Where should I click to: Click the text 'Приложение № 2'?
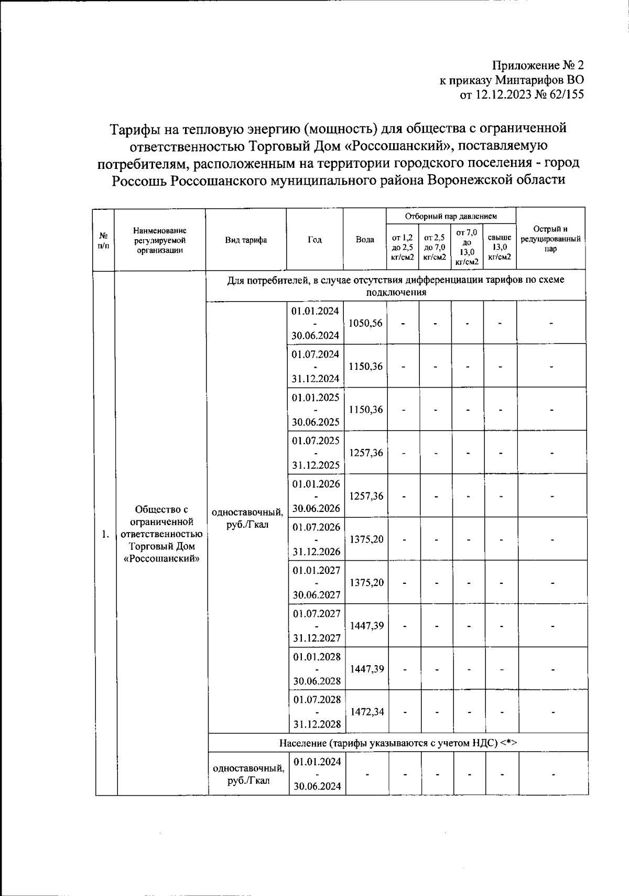pyautogui.click(x=537, y=66)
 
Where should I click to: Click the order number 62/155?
pyautogui.click(x=563, y=95)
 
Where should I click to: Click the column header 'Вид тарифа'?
pyautogui.click(x=246, y=240)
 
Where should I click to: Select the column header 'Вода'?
pyautogui.click(x=365, y=240)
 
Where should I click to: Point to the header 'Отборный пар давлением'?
pyautogui.click(x=451, y=216)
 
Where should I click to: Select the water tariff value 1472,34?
pyautogui.click(x=367, y=712)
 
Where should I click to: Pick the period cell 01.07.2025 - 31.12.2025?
pyautogui.click(x=316, y=453)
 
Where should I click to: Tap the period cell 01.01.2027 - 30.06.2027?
pyautogui.click(x=317, y=582)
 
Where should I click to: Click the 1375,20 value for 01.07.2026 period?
pyautogui.click(x=367, y=539)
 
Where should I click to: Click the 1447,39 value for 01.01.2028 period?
pyautogui.click(x=367, y=669)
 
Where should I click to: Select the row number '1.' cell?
pyautogui.click(x=105, y=534)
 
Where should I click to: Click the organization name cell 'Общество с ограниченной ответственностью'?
pyautogui.click(x=161, y=534)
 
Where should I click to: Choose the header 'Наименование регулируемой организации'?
pyautogui.click(x=159, y=240)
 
